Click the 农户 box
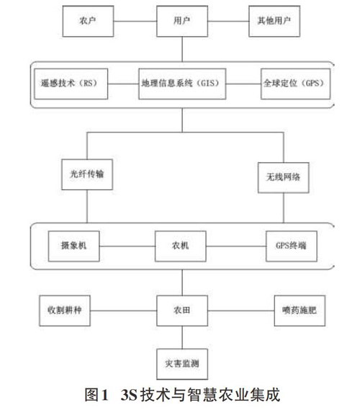click(x=88, y=21)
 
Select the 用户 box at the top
click(x=182, y=21)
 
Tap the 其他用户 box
click(x=274, y=21)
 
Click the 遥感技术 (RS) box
click(x=71, y=84)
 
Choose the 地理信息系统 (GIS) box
click(x=182, y=84)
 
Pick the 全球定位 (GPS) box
click(x=295, y=84)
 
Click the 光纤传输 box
click(x=87, y=174)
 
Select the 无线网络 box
click(x=284, y=177)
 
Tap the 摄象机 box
click(x=74, y=246)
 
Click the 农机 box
click(x=181, y=246)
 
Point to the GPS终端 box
click(x=292, y=246)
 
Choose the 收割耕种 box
click(x=65, y=311)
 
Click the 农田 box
click(x=182, y=311)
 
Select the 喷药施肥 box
click(x=300, y=311)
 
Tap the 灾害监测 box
click(x=182, y=364)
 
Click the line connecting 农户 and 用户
click(x=135, y=21)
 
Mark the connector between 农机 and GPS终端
click(x=236, y=246)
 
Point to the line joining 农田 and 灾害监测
click(x=182, y=337)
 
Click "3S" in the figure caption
click(x=129, y=395)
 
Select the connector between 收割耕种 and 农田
click(x=124, y=311)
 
